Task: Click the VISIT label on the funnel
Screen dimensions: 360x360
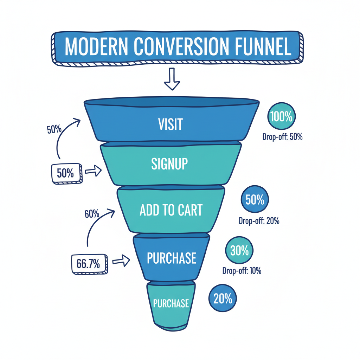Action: [171, 124]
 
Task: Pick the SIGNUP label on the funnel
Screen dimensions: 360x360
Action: [170, 164]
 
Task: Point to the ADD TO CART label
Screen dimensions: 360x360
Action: [171, 210]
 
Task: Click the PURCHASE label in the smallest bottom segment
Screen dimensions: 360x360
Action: [171, 303]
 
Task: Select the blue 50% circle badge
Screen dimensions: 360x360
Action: [255, 200]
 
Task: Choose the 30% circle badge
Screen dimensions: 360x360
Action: [239, 250]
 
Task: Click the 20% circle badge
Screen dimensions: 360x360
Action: [223, 299]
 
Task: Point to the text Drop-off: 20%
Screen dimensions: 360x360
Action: [259, 221]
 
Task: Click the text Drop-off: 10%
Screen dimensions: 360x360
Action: [242, 271]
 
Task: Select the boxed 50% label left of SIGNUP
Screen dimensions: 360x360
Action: [66, 173]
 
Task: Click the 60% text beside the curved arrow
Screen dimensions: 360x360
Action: [92, 214]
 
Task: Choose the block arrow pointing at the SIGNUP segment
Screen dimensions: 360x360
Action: [93, 171]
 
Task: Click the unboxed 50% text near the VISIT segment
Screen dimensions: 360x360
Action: [54, 129]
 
